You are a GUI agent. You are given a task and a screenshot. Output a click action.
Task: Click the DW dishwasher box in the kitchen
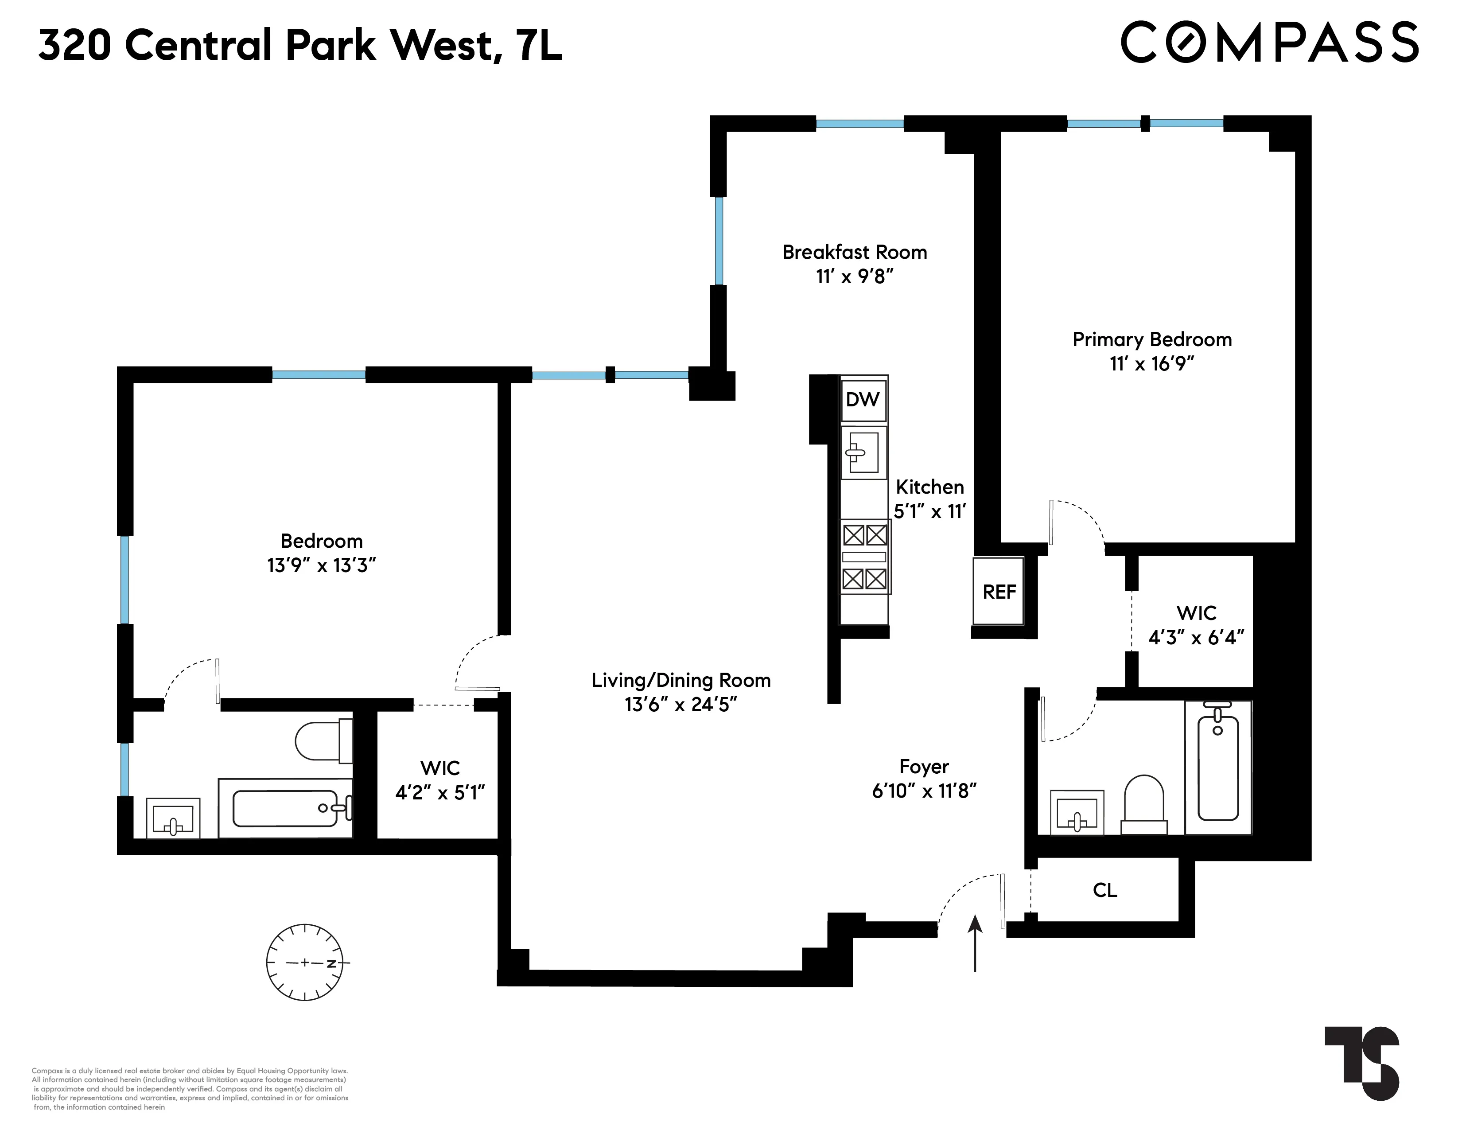[x=863, y=400]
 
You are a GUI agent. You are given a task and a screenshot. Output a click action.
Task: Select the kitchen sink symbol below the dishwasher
[x=863, y=453]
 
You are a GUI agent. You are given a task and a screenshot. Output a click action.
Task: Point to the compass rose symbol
[x=305, y=962]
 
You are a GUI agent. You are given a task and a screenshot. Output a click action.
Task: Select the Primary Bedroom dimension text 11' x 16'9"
[x=1151, y=364]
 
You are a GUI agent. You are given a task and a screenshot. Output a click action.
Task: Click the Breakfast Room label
[x=855, y=253]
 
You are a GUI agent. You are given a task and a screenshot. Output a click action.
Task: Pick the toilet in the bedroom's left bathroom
[x=323, y=740]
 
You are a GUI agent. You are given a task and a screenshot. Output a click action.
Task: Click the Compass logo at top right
[x=1269, y=43]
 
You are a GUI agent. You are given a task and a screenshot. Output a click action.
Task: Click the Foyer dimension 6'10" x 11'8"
[x=924, y=791]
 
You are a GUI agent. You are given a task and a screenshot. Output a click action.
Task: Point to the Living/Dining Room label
[x=681, y=680]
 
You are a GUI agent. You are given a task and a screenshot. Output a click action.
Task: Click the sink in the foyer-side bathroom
[x=1077, y=813]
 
